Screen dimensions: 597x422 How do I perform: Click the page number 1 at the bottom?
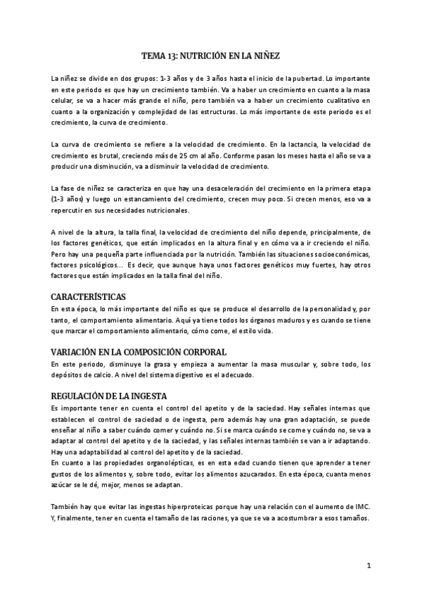point(369,565)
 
